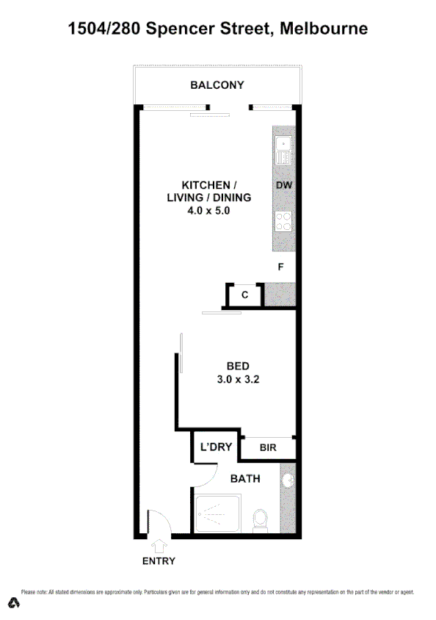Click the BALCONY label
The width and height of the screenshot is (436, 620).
217,85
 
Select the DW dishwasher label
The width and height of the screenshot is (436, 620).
284,186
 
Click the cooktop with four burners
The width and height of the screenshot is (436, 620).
283,221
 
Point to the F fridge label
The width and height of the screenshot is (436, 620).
280,267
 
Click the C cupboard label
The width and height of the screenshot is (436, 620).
245,295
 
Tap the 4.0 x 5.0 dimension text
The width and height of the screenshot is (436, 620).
208,211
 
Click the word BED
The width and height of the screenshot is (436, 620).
239,366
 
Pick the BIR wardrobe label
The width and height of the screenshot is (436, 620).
268,447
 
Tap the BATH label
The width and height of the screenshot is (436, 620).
245,479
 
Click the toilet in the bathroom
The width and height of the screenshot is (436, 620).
260,519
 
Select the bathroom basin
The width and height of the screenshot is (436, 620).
288,481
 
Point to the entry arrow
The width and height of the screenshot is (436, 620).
159,547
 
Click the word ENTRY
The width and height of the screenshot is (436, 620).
159,561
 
